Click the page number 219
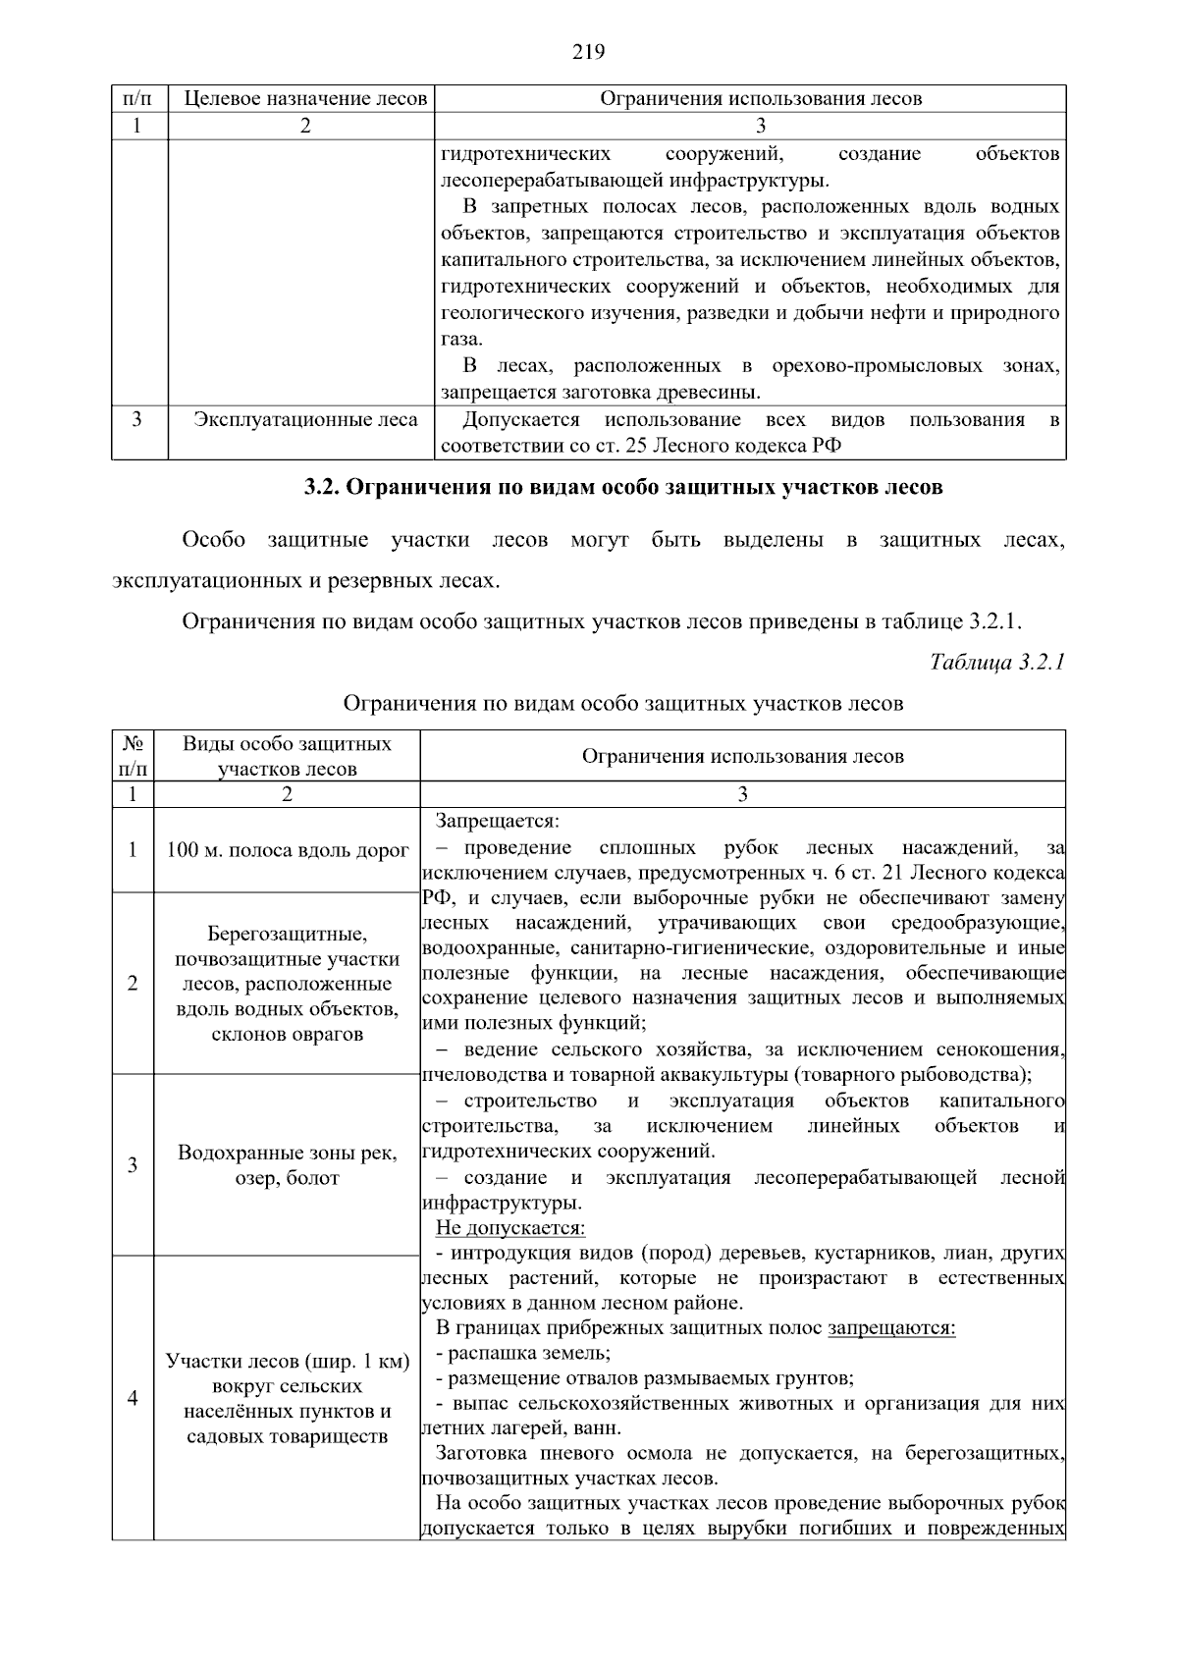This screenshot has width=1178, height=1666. [x=588, y=52]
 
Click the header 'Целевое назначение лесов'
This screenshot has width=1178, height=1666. [x=305, y=99]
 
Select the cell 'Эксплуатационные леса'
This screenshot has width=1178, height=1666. [x=305, y=420]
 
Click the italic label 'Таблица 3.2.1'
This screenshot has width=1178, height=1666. [x=996, y=663]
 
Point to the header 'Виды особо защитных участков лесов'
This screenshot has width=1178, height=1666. [x=287, y=756]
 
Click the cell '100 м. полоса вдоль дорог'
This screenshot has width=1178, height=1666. [x=287, y=850]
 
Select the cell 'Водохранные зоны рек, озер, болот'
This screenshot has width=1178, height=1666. [x=287, y=1165]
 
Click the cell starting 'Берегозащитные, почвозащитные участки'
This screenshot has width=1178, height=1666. [x=287, y=984]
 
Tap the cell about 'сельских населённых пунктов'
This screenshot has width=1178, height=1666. [x=287, y=1399]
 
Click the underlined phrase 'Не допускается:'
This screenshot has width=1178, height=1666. [x=509, y=1228]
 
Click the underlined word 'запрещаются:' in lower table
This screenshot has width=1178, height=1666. [x=891, y=1329]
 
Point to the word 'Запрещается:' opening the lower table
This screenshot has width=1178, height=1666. [x=498, y=821]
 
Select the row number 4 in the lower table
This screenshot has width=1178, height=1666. [x=133, y=1398]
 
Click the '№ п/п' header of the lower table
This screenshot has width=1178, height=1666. [x=133, y=756]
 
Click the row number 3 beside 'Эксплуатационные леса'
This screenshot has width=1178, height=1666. [x=137, y=420]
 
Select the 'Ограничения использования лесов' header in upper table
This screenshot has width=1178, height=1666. [x=761, y=99]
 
